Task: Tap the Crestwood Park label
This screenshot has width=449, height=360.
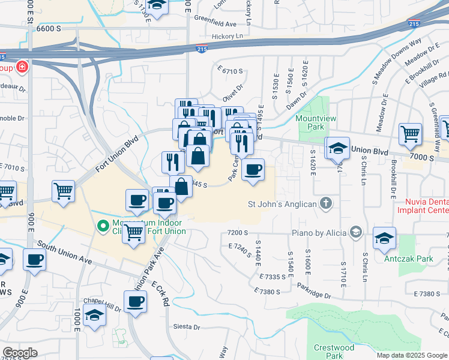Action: click(334, 352)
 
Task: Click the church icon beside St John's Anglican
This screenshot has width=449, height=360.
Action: click(326, 204)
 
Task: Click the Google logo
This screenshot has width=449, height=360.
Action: click(20, 353)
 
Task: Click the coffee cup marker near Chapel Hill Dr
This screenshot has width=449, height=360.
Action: click(135, 302)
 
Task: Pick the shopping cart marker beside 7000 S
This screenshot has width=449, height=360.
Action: click(411, 134)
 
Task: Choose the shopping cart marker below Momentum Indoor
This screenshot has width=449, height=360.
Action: click(133, 232)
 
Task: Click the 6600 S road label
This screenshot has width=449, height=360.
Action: click(49, 28)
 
